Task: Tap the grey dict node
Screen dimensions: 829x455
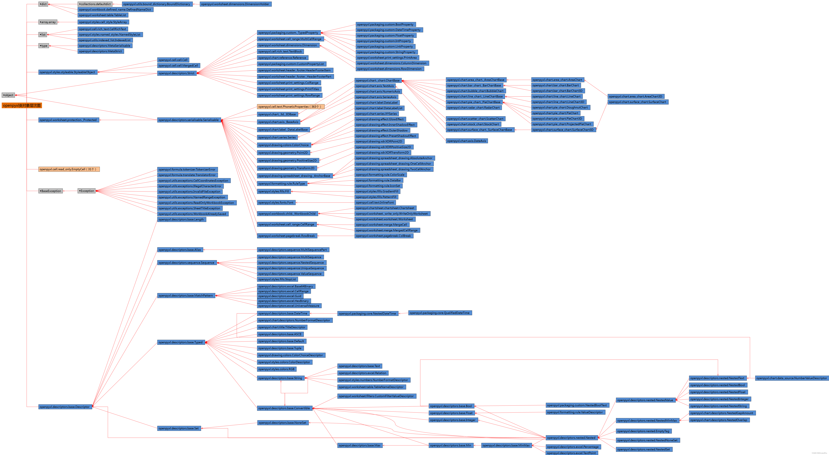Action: (43, 4)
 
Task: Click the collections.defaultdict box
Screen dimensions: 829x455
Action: (95, 4)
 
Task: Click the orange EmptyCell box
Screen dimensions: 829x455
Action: (69, 169)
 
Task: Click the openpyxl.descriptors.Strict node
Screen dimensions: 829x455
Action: (177, 73)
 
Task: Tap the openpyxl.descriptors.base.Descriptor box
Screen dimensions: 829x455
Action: (65, 407)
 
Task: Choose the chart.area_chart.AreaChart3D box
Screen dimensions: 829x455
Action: (636, 96)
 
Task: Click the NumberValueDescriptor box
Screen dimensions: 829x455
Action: (791, 378)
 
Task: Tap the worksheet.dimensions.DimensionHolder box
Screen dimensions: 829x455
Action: (235, 4)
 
